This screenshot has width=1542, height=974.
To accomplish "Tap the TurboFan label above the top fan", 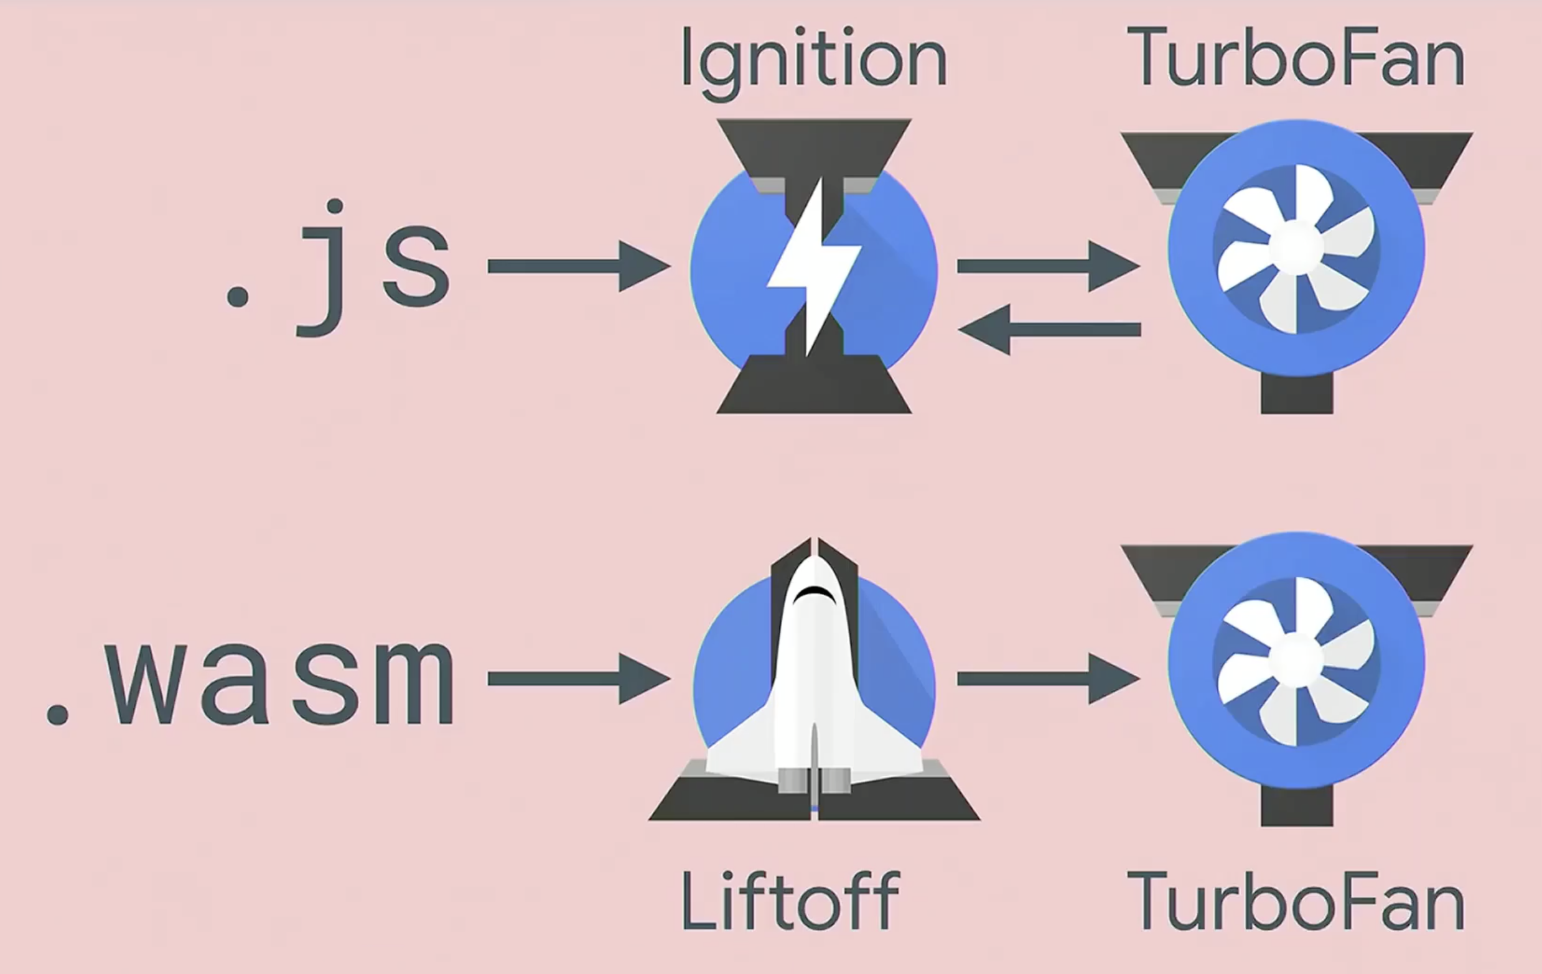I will pyautogui.click(x=1296, y=58).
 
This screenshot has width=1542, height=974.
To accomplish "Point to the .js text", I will pyautogui.click(x=339, y=269).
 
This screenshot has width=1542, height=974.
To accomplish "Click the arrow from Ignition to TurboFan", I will pyautogui.click(x=1048, y=266).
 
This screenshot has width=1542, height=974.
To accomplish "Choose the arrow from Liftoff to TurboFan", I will pyautogui.click(x=1048, y=679).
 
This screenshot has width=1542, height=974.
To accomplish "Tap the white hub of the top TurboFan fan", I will pyautogui.click(x=1296, y=245).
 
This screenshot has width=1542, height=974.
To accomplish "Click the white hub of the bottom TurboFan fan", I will pyautogui.click(x=1296, y=658).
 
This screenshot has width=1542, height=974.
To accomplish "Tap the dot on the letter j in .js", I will pyautogui.click(x=335, y=206).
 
